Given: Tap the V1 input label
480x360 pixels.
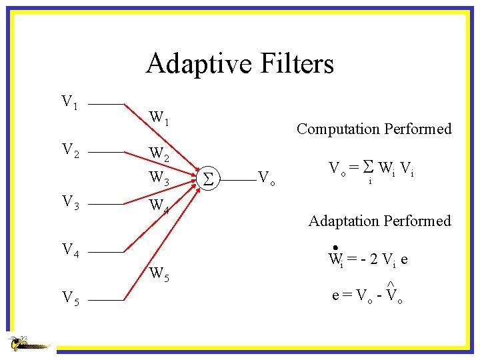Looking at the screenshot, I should pos(69,102).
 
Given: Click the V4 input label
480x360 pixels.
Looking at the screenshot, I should pos(70,251).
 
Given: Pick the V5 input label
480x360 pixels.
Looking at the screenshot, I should pos(70,300).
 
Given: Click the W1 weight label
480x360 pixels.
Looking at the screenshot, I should pos(159,118).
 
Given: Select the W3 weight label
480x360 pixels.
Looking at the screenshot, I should pos(159,178).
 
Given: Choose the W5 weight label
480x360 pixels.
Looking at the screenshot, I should pos(159,273).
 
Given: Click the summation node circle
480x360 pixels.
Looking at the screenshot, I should pos(207,179).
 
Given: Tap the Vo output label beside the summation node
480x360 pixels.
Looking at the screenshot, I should pos(267,178).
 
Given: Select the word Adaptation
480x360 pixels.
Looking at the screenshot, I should pos(346,221).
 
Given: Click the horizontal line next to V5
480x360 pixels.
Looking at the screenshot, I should pos(107,301).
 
